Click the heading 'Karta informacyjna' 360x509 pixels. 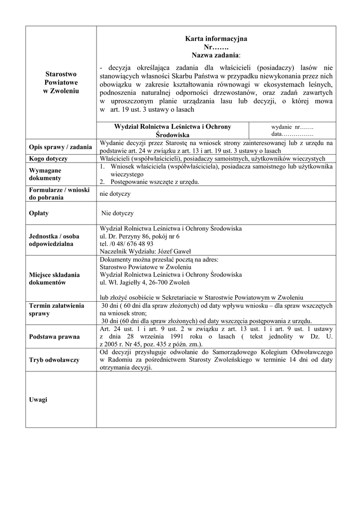coord(216,38)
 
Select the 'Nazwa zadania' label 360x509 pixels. coord(215,54)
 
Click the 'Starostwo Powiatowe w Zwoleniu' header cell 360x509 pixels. coord(62,83)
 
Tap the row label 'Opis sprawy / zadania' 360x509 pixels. coord(60,147)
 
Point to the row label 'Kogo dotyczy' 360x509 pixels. coord(48,159)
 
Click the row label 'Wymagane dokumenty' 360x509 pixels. coord(45,174)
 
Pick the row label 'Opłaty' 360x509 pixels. coord(39,213)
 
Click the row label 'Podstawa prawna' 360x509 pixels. coord(54,337)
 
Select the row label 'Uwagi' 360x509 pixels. coord(38,400)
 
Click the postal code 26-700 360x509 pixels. coord(158,282)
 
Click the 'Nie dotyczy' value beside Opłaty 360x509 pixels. coord(117,213)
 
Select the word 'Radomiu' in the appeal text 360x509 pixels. coord(120,360)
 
